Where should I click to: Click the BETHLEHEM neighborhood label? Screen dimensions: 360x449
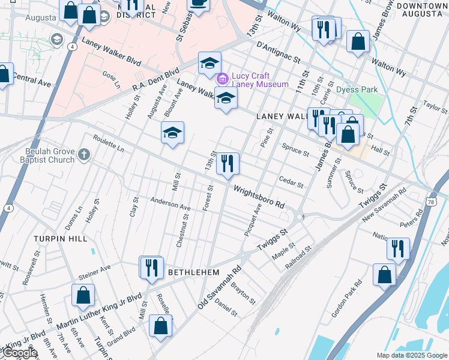point(193,272)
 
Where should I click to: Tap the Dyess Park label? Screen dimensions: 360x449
point(357,90)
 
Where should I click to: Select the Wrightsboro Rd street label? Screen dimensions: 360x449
point(259,196)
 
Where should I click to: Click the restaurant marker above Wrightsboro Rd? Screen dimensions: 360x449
point(228,164)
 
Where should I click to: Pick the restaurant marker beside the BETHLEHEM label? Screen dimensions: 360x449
point(151,267)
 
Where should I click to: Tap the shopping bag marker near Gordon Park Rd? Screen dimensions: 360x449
point(384,274)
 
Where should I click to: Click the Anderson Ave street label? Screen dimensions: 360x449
point(170,203)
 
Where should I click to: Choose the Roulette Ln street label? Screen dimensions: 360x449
point(108,143)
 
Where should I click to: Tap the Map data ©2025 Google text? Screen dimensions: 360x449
point(412,355)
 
